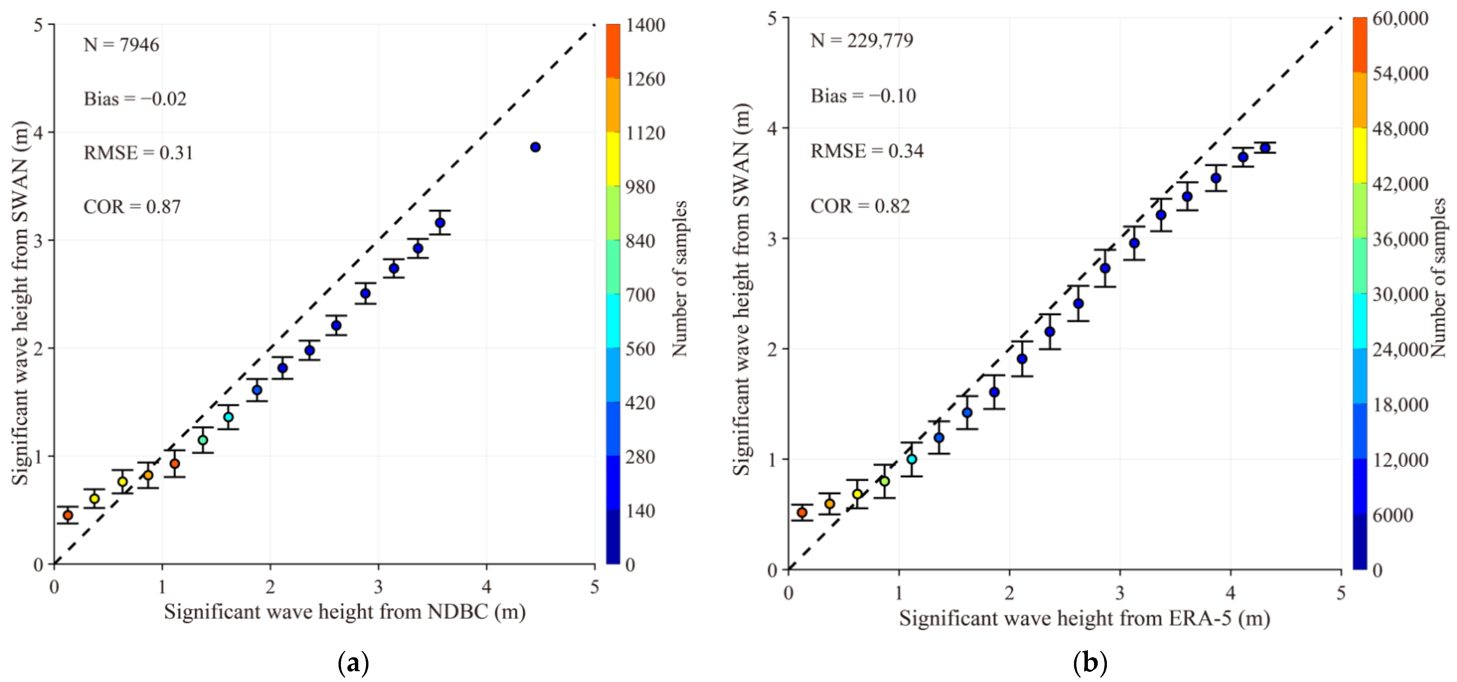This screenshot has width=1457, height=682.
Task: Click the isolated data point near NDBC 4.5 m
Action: point(535,147)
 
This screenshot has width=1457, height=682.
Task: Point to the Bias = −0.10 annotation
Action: point(863,96)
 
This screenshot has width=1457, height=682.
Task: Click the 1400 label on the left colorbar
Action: point(645,25)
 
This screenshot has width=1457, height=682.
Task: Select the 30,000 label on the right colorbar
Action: point(1400,294)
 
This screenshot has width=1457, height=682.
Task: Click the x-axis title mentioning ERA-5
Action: point(1084,618)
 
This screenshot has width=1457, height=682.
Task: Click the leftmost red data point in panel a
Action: point(68,515)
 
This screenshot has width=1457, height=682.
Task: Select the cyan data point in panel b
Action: point(912,459)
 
